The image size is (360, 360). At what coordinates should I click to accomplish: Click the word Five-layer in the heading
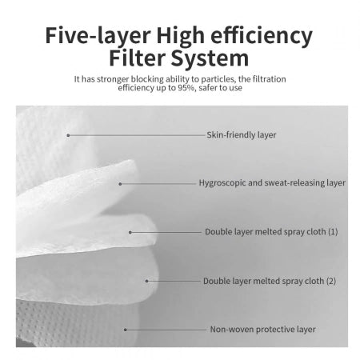[x=98, y=35]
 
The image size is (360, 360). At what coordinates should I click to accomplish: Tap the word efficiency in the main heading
[x=262, y=35]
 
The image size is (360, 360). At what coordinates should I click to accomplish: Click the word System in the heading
[x=210, y=58]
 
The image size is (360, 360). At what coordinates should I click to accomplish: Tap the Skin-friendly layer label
[x=242, y=134]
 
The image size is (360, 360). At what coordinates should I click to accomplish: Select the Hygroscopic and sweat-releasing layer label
[x=272, y=183]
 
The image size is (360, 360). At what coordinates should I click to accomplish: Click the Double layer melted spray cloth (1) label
[x=271, y=232]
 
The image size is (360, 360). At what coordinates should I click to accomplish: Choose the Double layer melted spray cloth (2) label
[x=270, y=281]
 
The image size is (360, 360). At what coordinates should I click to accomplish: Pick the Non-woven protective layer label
[x=263, y=330]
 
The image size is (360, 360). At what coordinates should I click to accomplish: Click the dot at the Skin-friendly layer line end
[x=68, y=135]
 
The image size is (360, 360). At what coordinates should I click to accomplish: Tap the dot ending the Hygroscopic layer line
[x=120, y=184]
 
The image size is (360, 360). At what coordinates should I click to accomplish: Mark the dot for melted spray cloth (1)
[x=130, y=233]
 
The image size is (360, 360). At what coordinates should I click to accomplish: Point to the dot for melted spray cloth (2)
[x=147, y=281]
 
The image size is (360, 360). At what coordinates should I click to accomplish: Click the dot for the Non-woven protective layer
[x=126, y=330]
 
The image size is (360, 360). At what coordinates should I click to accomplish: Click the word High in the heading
[x=181, y=36]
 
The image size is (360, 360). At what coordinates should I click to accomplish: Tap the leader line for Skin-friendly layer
[x=137, y=135]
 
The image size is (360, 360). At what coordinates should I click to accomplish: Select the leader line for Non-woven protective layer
[x=166, y=330]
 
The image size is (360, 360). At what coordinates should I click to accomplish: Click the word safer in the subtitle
[x=208, y=88]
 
